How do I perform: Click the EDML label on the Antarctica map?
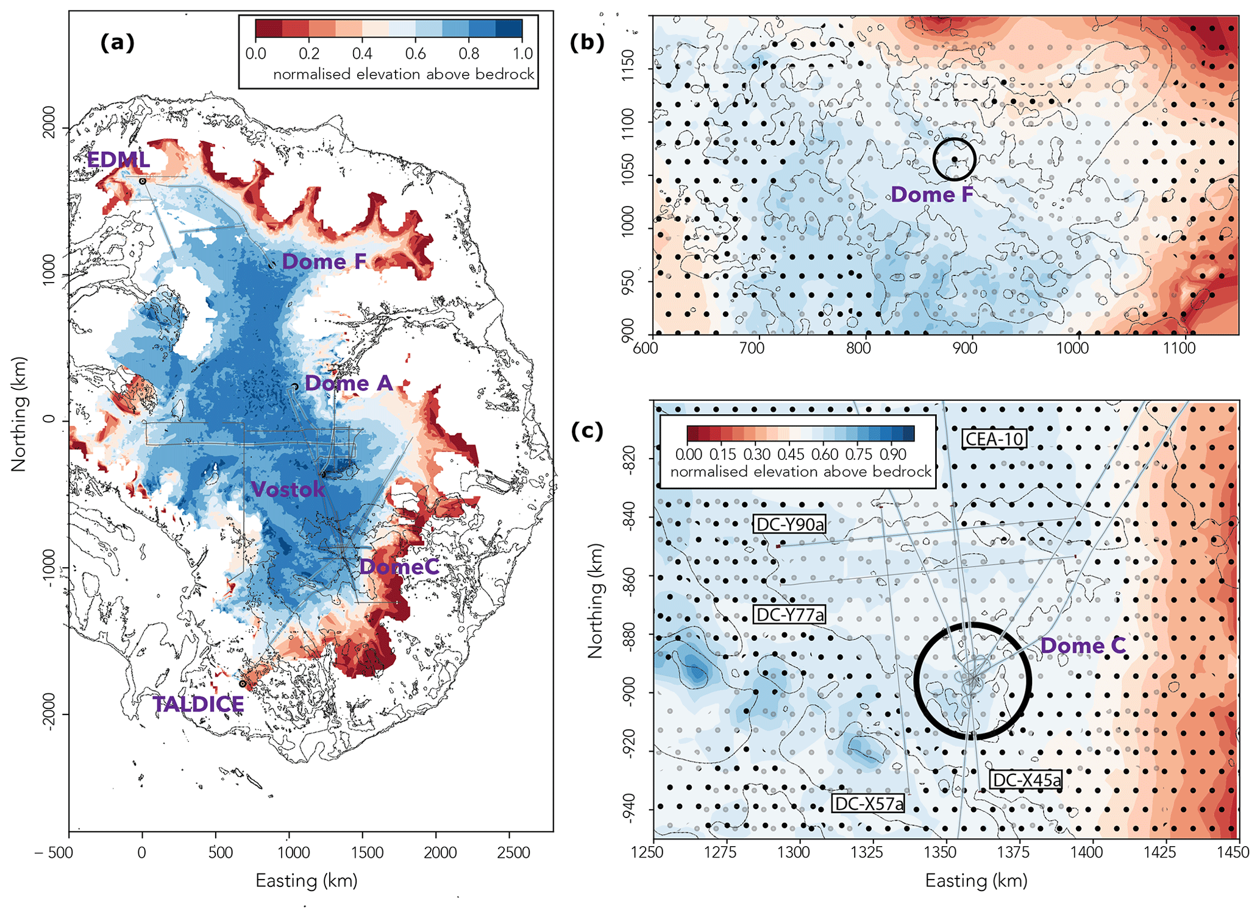point(118,160)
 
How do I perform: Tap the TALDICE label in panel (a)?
point(198,704)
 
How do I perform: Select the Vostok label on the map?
point(288,489)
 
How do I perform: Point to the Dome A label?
point(349,383)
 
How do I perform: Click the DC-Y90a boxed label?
point(790,524)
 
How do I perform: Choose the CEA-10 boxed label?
point(994,439)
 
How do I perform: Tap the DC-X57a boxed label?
point(869,803)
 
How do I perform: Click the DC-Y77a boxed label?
point(790,615)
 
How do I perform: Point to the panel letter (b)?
point(587,42)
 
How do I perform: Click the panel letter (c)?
point(587,431)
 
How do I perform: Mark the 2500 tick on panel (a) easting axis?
point(513,852)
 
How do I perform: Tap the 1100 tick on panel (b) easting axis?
point(1179,348)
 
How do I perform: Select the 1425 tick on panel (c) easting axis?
point(1159,852)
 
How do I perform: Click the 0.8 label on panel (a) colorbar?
point(469,54)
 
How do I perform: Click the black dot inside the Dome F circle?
point(955,160)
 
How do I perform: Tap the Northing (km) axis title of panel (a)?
point(19,414)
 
